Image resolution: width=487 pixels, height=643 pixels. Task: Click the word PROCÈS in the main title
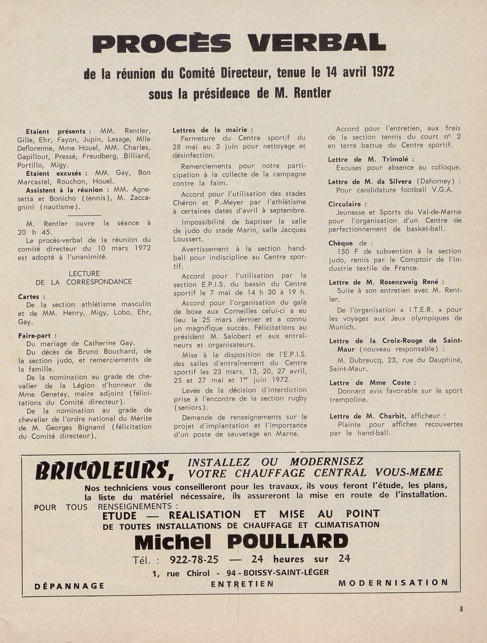click(x=162, y=44)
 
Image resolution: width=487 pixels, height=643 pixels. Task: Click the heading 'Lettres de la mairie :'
click(x=213, y=130)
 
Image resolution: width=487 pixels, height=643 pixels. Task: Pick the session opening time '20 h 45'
click(x=30, y=232)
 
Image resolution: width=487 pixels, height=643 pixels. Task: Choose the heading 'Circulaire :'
click(x=345, y=204)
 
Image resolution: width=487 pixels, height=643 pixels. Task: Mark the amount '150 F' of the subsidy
click(x=347, y=251)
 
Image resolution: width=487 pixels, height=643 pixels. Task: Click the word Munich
click(x=342, y=327)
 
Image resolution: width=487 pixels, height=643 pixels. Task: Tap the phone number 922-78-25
click(x=194, y=559)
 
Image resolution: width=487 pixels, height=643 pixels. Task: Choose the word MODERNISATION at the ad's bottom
click(x=393, y=583)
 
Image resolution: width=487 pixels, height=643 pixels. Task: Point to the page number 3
click(x=461, y=609)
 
